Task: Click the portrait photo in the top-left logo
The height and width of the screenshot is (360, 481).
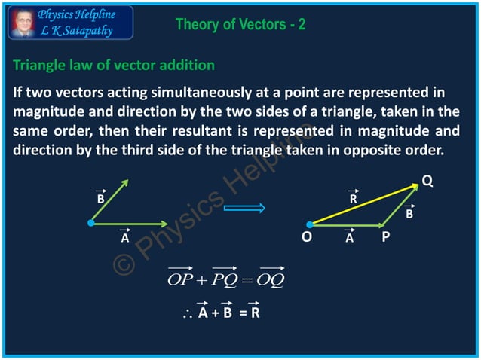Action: click(21, 22)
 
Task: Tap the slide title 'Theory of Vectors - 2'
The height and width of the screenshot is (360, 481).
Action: click(240, 25)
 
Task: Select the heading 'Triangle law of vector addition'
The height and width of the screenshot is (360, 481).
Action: click(114, 66)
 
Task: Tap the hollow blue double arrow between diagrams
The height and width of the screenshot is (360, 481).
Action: click(251, 208)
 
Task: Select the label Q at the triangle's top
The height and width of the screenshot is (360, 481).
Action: click(427, 181)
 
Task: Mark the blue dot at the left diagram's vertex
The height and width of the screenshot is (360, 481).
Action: click(90, 223)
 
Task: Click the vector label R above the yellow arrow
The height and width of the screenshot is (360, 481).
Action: click(353, 200)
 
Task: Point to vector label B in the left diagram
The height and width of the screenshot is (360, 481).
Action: click(100, 201)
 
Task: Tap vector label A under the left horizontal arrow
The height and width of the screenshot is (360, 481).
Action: click(125, 238)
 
